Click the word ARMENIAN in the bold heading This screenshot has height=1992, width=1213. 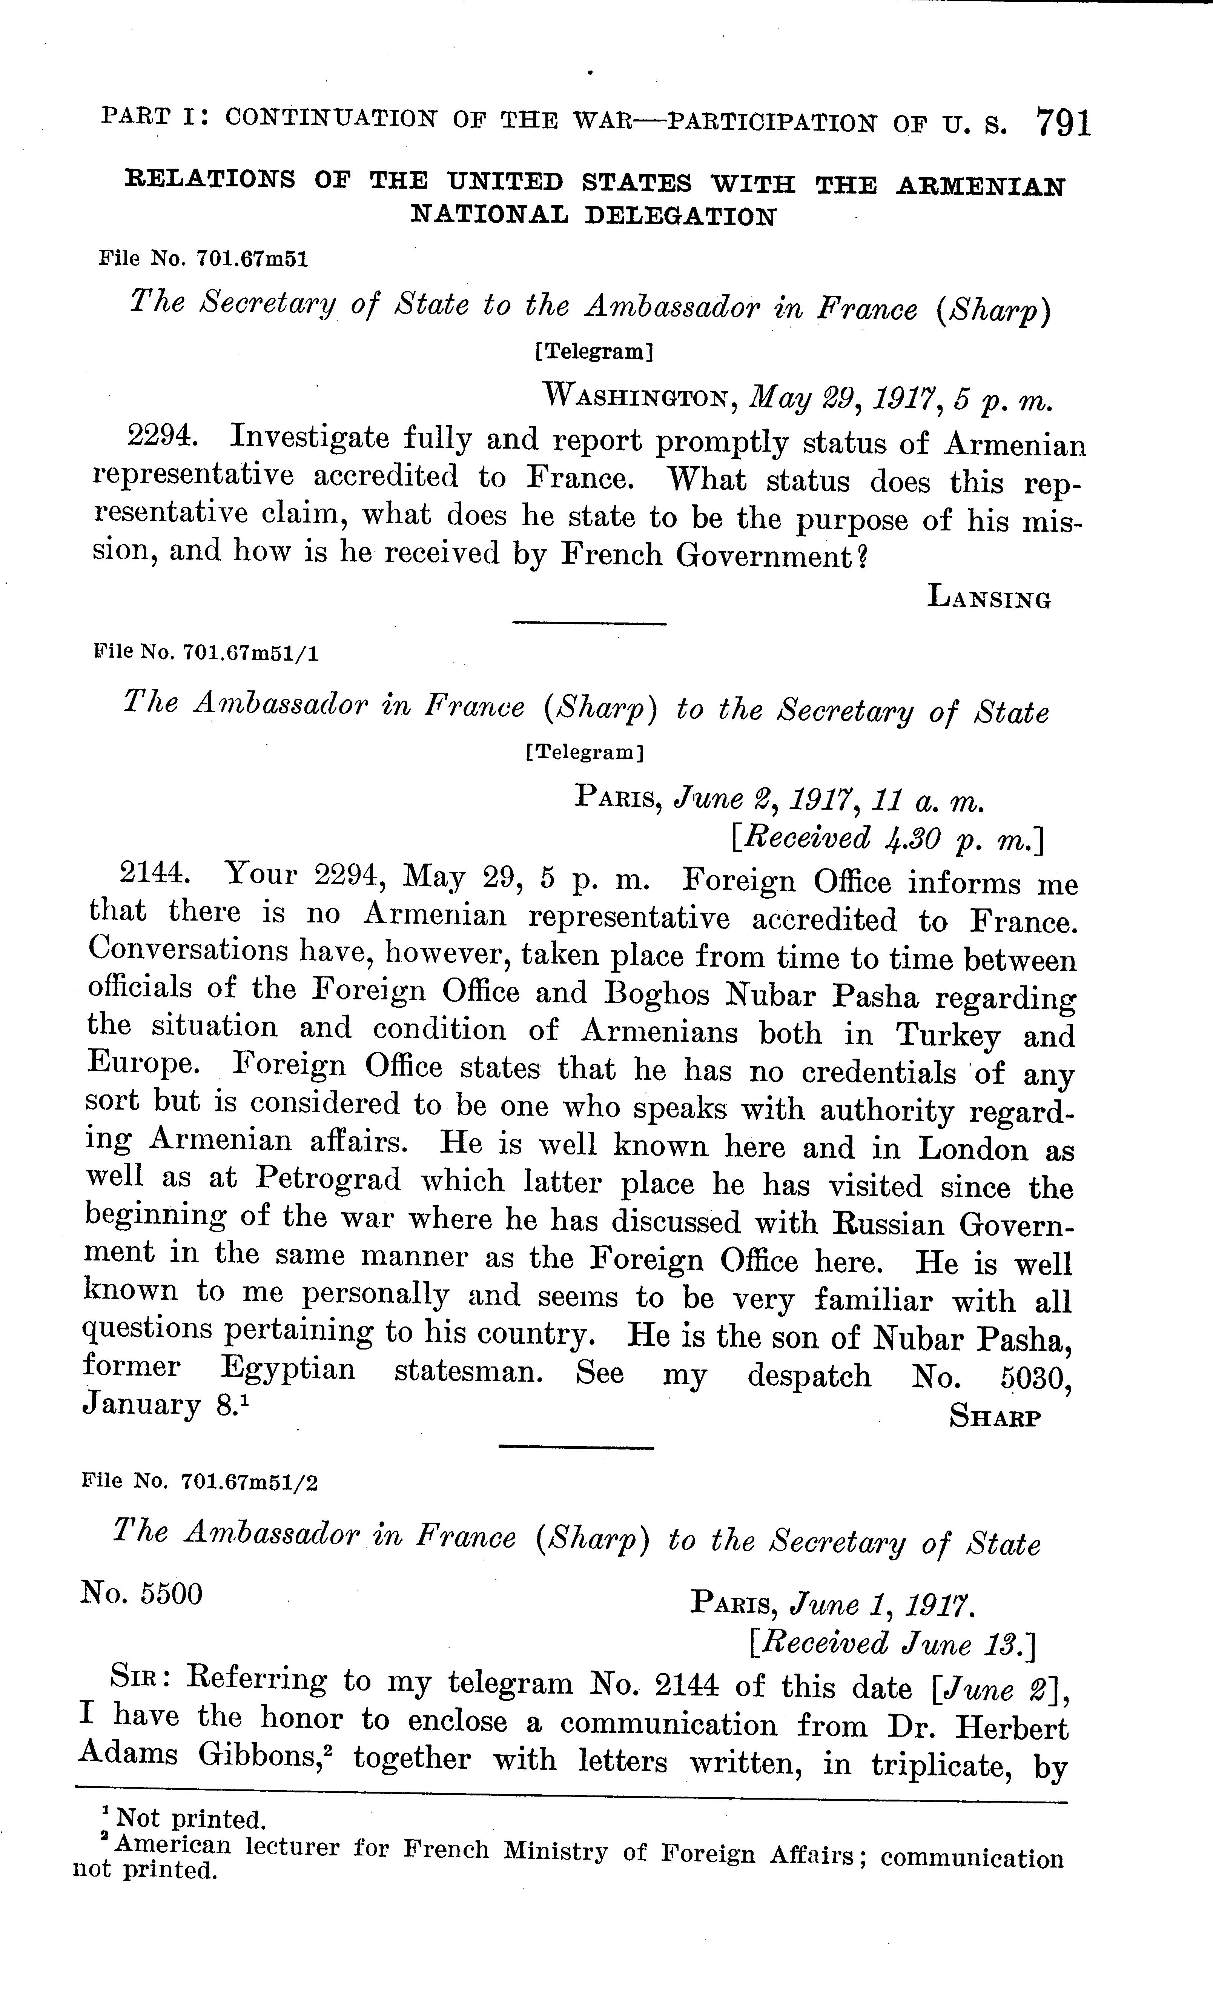980,187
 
